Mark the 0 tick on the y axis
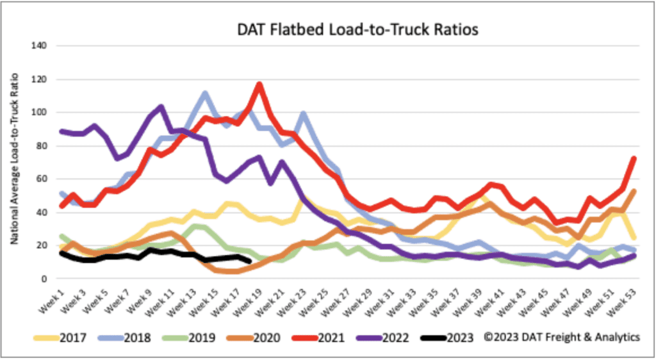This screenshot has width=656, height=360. (44, 279)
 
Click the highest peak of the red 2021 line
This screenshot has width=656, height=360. (259, 83)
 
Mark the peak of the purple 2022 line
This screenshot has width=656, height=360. (160, 106)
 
